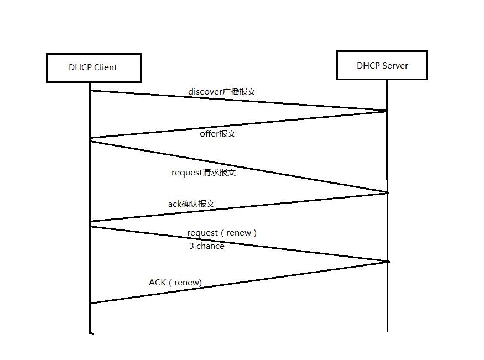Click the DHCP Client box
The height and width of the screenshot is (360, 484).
click(93, 67)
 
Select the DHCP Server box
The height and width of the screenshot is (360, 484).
click(382, 65)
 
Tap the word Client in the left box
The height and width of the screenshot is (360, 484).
click(106, 67)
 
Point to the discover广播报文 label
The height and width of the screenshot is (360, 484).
click(222, 91)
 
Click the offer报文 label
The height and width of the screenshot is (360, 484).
click(217, 134)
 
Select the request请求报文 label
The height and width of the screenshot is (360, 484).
click(204, 173)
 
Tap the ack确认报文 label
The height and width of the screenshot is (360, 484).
click(191, 204)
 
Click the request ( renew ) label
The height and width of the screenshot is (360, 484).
click(222, 233)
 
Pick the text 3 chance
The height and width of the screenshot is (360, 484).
click(207, 246)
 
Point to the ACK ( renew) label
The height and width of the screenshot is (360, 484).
click(175, 283)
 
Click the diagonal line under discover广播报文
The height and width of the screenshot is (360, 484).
click(238, 101)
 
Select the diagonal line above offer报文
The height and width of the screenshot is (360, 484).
click(238, 124)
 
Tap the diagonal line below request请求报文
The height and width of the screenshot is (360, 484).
click(238, 167)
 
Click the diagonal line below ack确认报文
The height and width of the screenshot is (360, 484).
click(238, 207)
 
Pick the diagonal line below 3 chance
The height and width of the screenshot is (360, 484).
click(238, 243)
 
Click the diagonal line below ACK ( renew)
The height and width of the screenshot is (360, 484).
click(238, 283)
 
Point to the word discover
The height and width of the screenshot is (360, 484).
click(205, 91)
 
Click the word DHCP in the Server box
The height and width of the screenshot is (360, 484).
click(368, 65)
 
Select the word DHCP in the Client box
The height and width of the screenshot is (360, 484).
click(80, 67)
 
